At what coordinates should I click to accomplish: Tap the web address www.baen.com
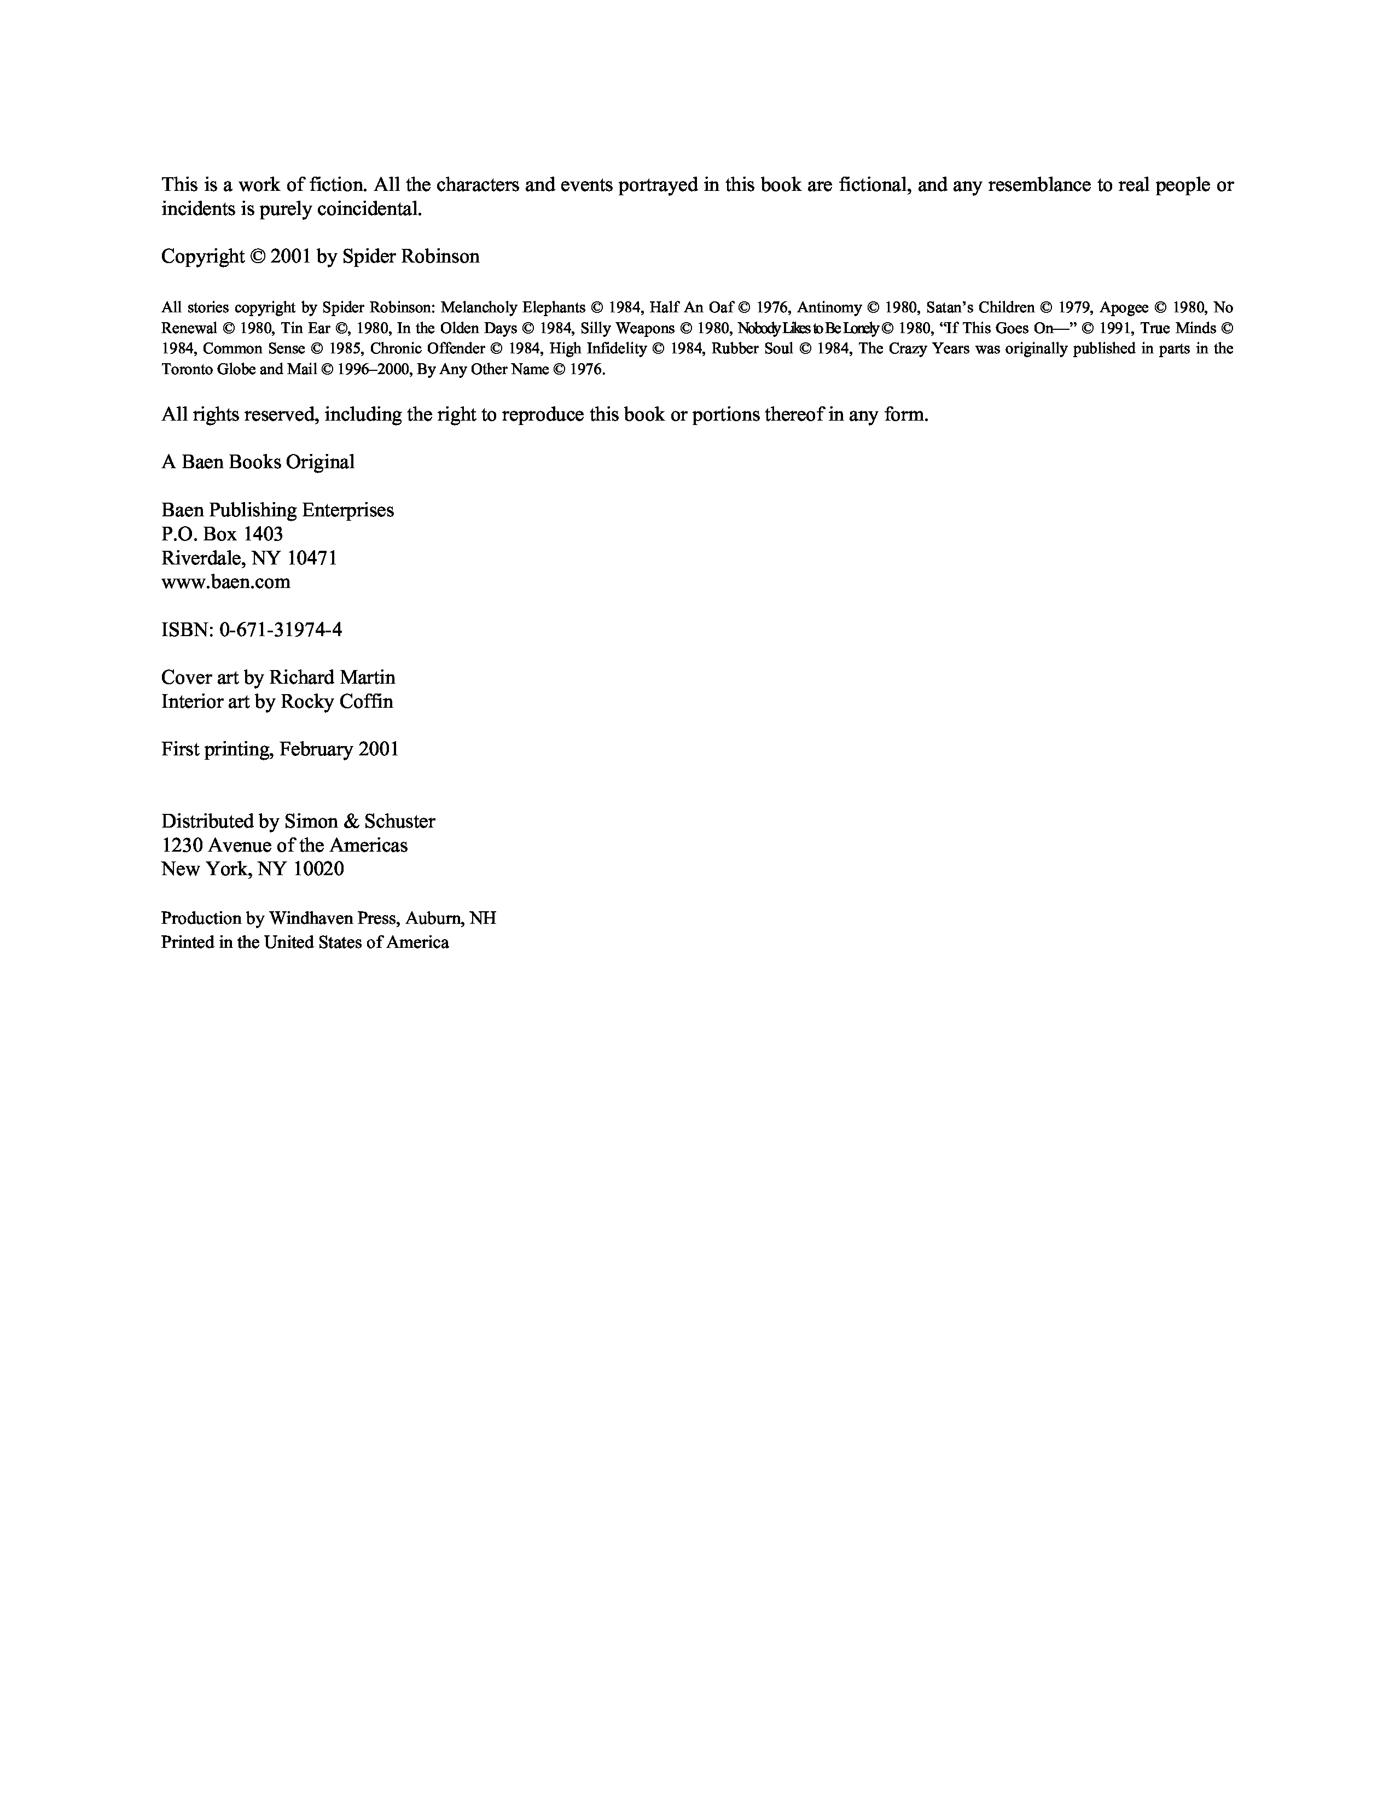225,582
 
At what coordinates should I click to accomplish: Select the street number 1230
182,846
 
